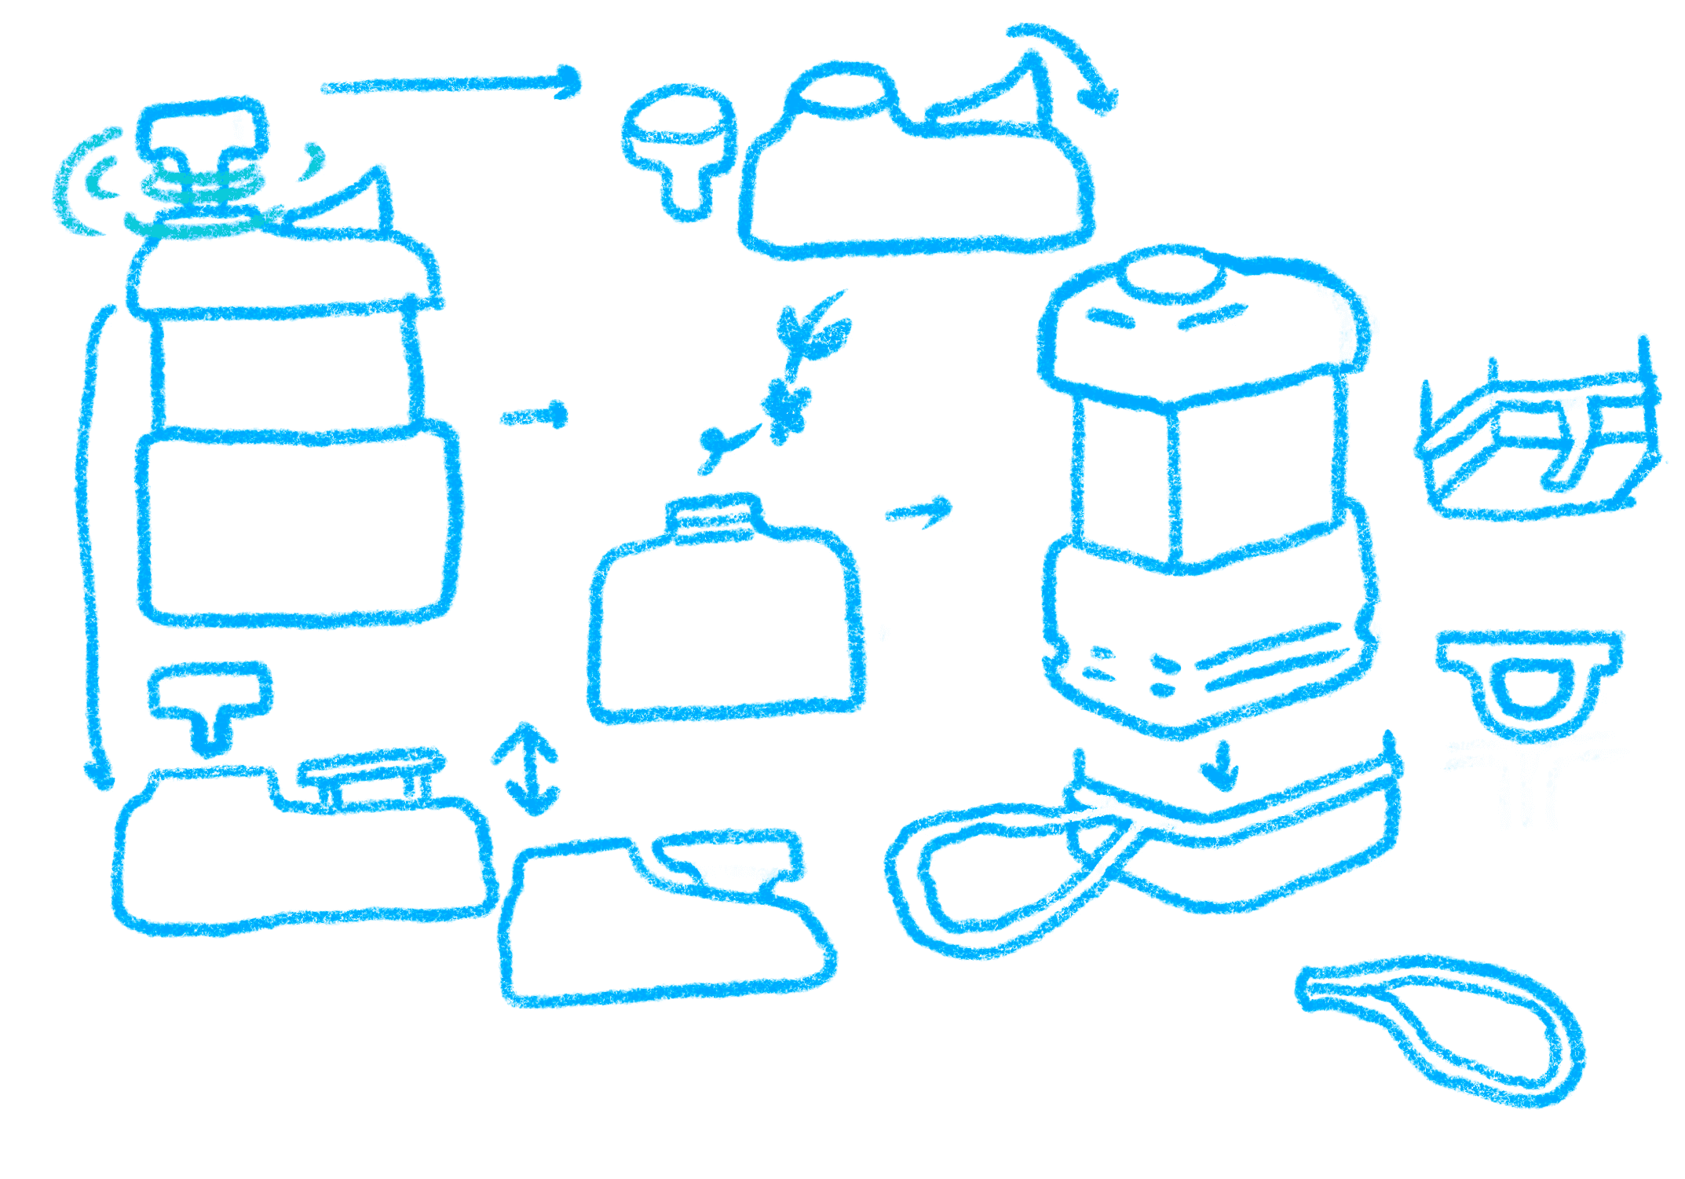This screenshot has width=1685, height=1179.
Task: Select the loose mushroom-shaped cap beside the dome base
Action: (680, 145)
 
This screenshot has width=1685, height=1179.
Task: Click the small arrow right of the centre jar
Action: (919, 511)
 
